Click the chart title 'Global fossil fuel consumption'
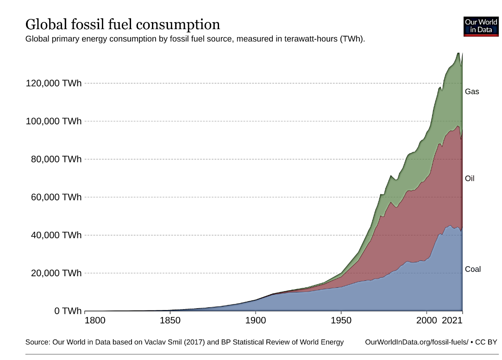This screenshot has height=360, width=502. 122,24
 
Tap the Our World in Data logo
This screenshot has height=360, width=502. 481,26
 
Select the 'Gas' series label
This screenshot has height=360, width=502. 472,92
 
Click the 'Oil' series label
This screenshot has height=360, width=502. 470,179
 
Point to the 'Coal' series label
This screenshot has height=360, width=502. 473,269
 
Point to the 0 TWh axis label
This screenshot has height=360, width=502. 68,311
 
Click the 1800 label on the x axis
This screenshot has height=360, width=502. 95,320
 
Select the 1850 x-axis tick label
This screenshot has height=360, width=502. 170,320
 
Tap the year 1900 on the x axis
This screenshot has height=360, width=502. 256,320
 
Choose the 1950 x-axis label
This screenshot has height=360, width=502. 341,320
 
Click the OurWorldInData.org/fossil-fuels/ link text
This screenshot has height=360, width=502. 416,342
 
